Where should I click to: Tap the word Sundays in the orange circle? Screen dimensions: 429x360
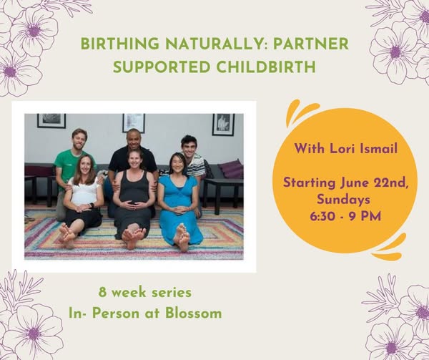point(344,200)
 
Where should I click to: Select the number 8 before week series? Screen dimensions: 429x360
point(102,293)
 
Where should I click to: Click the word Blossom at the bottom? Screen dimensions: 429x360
point(194,313)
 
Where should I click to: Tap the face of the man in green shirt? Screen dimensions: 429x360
point(79,140)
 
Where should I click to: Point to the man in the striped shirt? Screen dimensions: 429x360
point(194,156)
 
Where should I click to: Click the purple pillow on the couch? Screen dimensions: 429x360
point(231,168)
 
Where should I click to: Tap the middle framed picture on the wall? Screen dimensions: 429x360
point(134,122)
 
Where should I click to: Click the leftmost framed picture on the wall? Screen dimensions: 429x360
point(51,121)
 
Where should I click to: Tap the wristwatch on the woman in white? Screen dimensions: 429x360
point(92,205)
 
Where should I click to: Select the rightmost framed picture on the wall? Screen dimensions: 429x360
point(223,125)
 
